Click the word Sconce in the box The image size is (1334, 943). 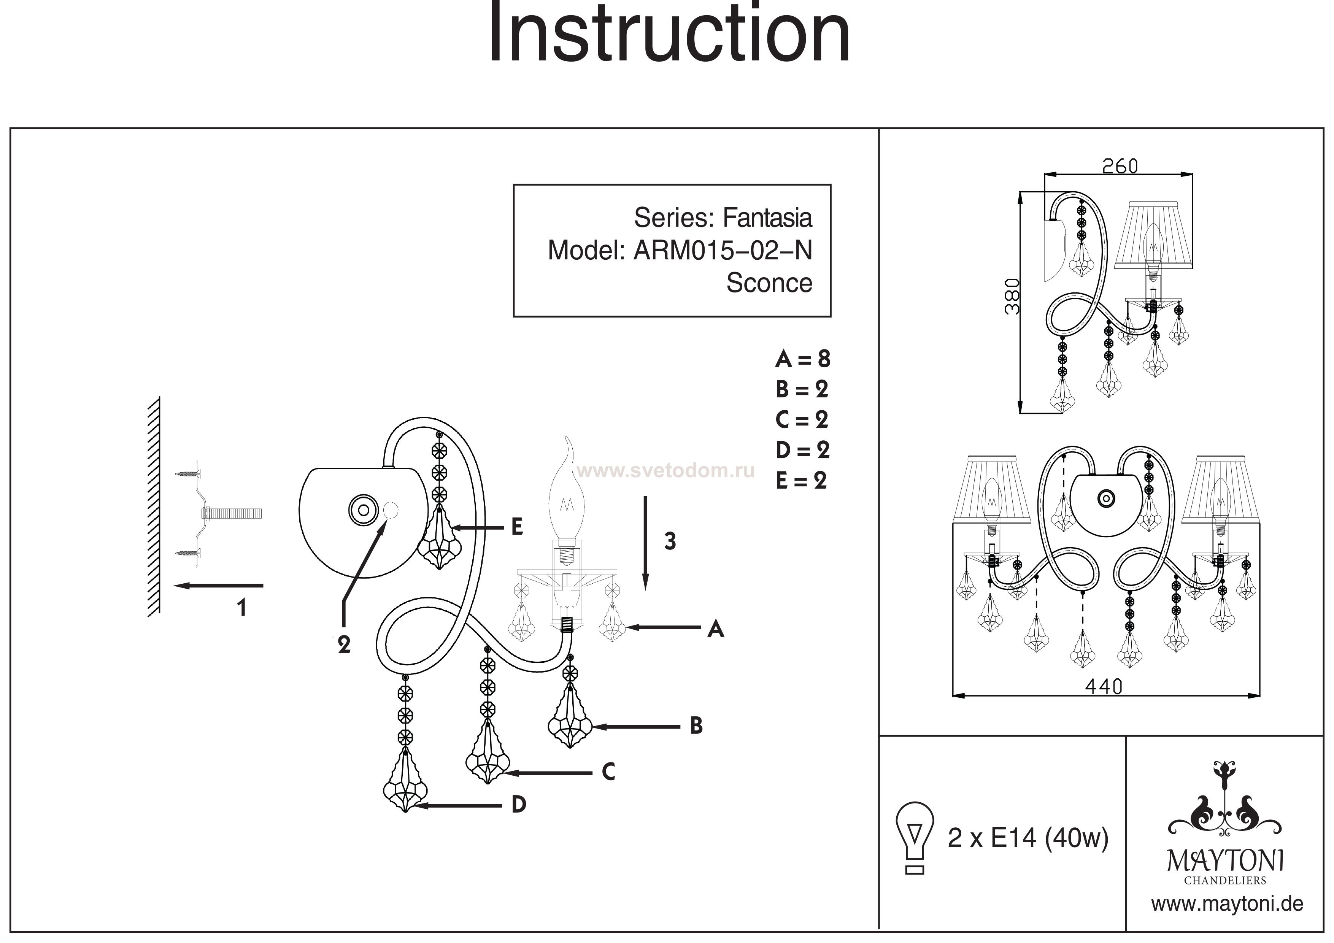click(769, 283)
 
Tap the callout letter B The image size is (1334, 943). click(696, 726)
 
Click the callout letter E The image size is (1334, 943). click(517, 527)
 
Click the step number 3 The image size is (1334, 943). click(670, 541)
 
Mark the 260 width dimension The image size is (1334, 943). click(1120, 167)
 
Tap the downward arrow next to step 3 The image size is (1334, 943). click(645, 543)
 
